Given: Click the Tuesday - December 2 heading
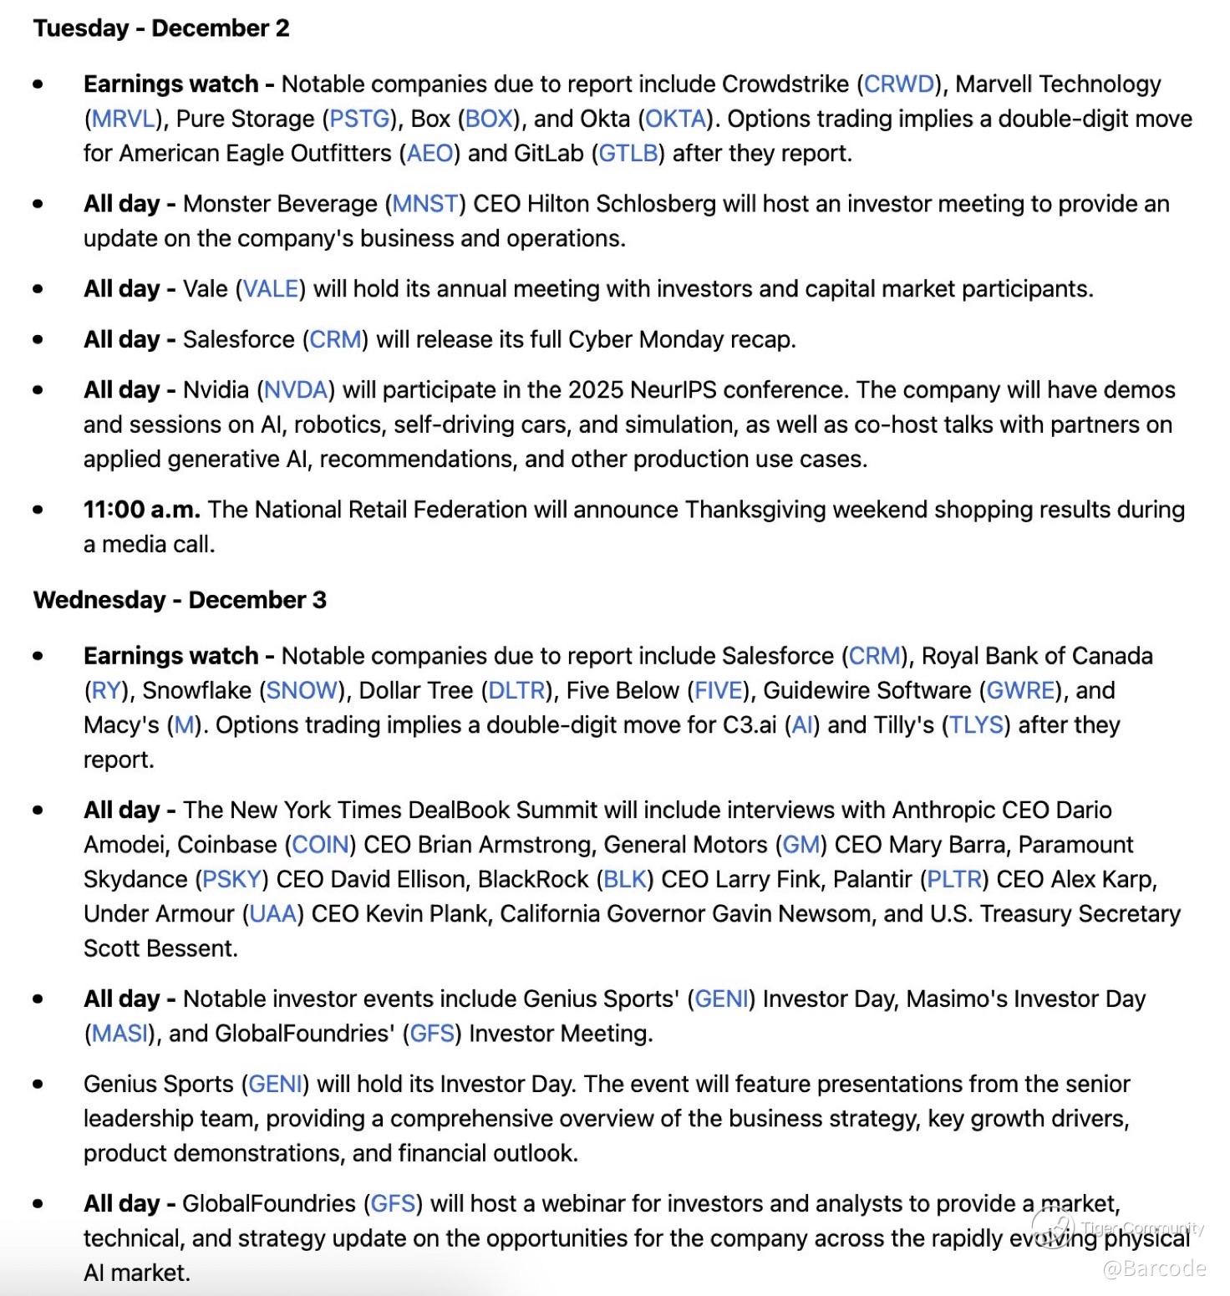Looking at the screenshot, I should (161, 28).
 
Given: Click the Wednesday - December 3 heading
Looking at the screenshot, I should (180, 600).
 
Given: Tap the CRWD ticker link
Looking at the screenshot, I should (898, 84).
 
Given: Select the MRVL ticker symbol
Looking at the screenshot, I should (123, 119).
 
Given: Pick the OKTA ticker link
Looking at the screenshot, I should (676, 119).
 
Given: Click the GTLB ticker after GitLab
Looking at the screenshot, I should (628, 154).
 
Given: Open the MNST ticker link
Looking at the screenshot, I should (426, 204).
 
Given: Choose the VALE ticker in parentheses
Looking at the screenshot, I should (270, 289).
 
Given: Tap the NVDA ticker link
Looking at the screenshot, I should (295, 390).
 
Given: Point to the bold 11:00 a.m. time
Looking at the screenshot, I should (141, 510).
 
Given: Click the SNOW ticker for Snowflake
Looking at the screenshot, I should (302, 691).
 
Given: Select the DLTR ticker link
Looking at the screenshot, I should (516, 691).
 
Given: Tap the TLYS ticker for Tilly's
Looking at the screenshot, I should (976, 725).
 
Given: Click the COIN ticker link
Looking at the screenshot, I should (320, 845).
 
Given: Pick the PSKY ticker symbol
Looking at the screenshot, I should (232, 880).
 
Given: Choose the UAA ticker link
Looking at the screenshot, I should (273, 914).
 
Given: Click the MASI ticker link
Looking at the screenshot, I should (119, 1034).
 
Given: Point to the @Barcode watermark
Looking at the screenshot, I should (1154, 1269).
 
